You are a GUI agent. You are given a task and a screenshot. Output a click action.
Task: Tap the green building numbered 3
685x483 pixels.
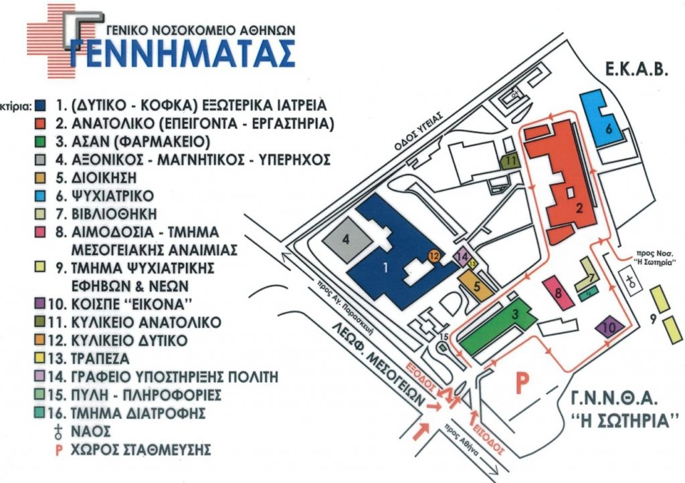tap(496, 328)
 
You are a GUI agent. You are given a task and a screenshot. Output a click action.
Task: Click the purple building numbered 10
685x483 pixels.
tap(609, 328)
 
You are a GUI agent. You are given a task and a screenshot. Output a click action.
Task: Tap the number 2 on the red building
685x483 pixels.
tap(579, 207)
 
